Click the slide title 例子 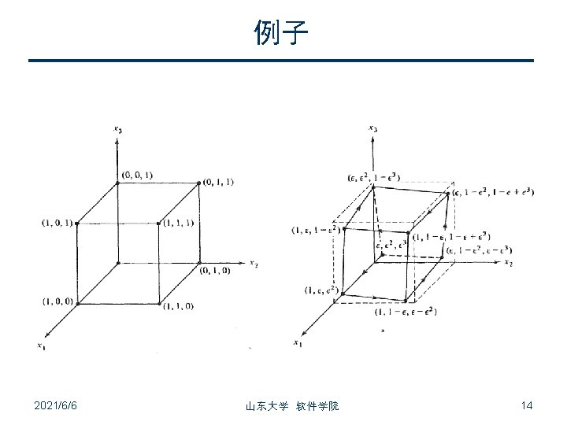click(282, 33)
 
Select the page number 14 click(527, 405)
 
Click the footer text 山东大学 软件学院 click(292, 406)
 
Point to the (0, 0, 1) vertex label click(138, 174)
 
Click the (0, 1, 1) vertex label click(217, 182)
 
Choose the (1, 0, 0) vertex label click(57, 301)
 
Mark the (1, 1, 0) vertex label click(178, 306)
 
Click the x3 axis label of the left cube click(117, 128)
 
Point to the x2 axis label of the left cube click(254, 263)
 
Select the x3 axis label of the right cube click(372, 128)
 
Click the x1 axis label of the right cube click(296, 342)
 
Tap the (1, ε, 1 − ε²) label click(315, 230)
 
